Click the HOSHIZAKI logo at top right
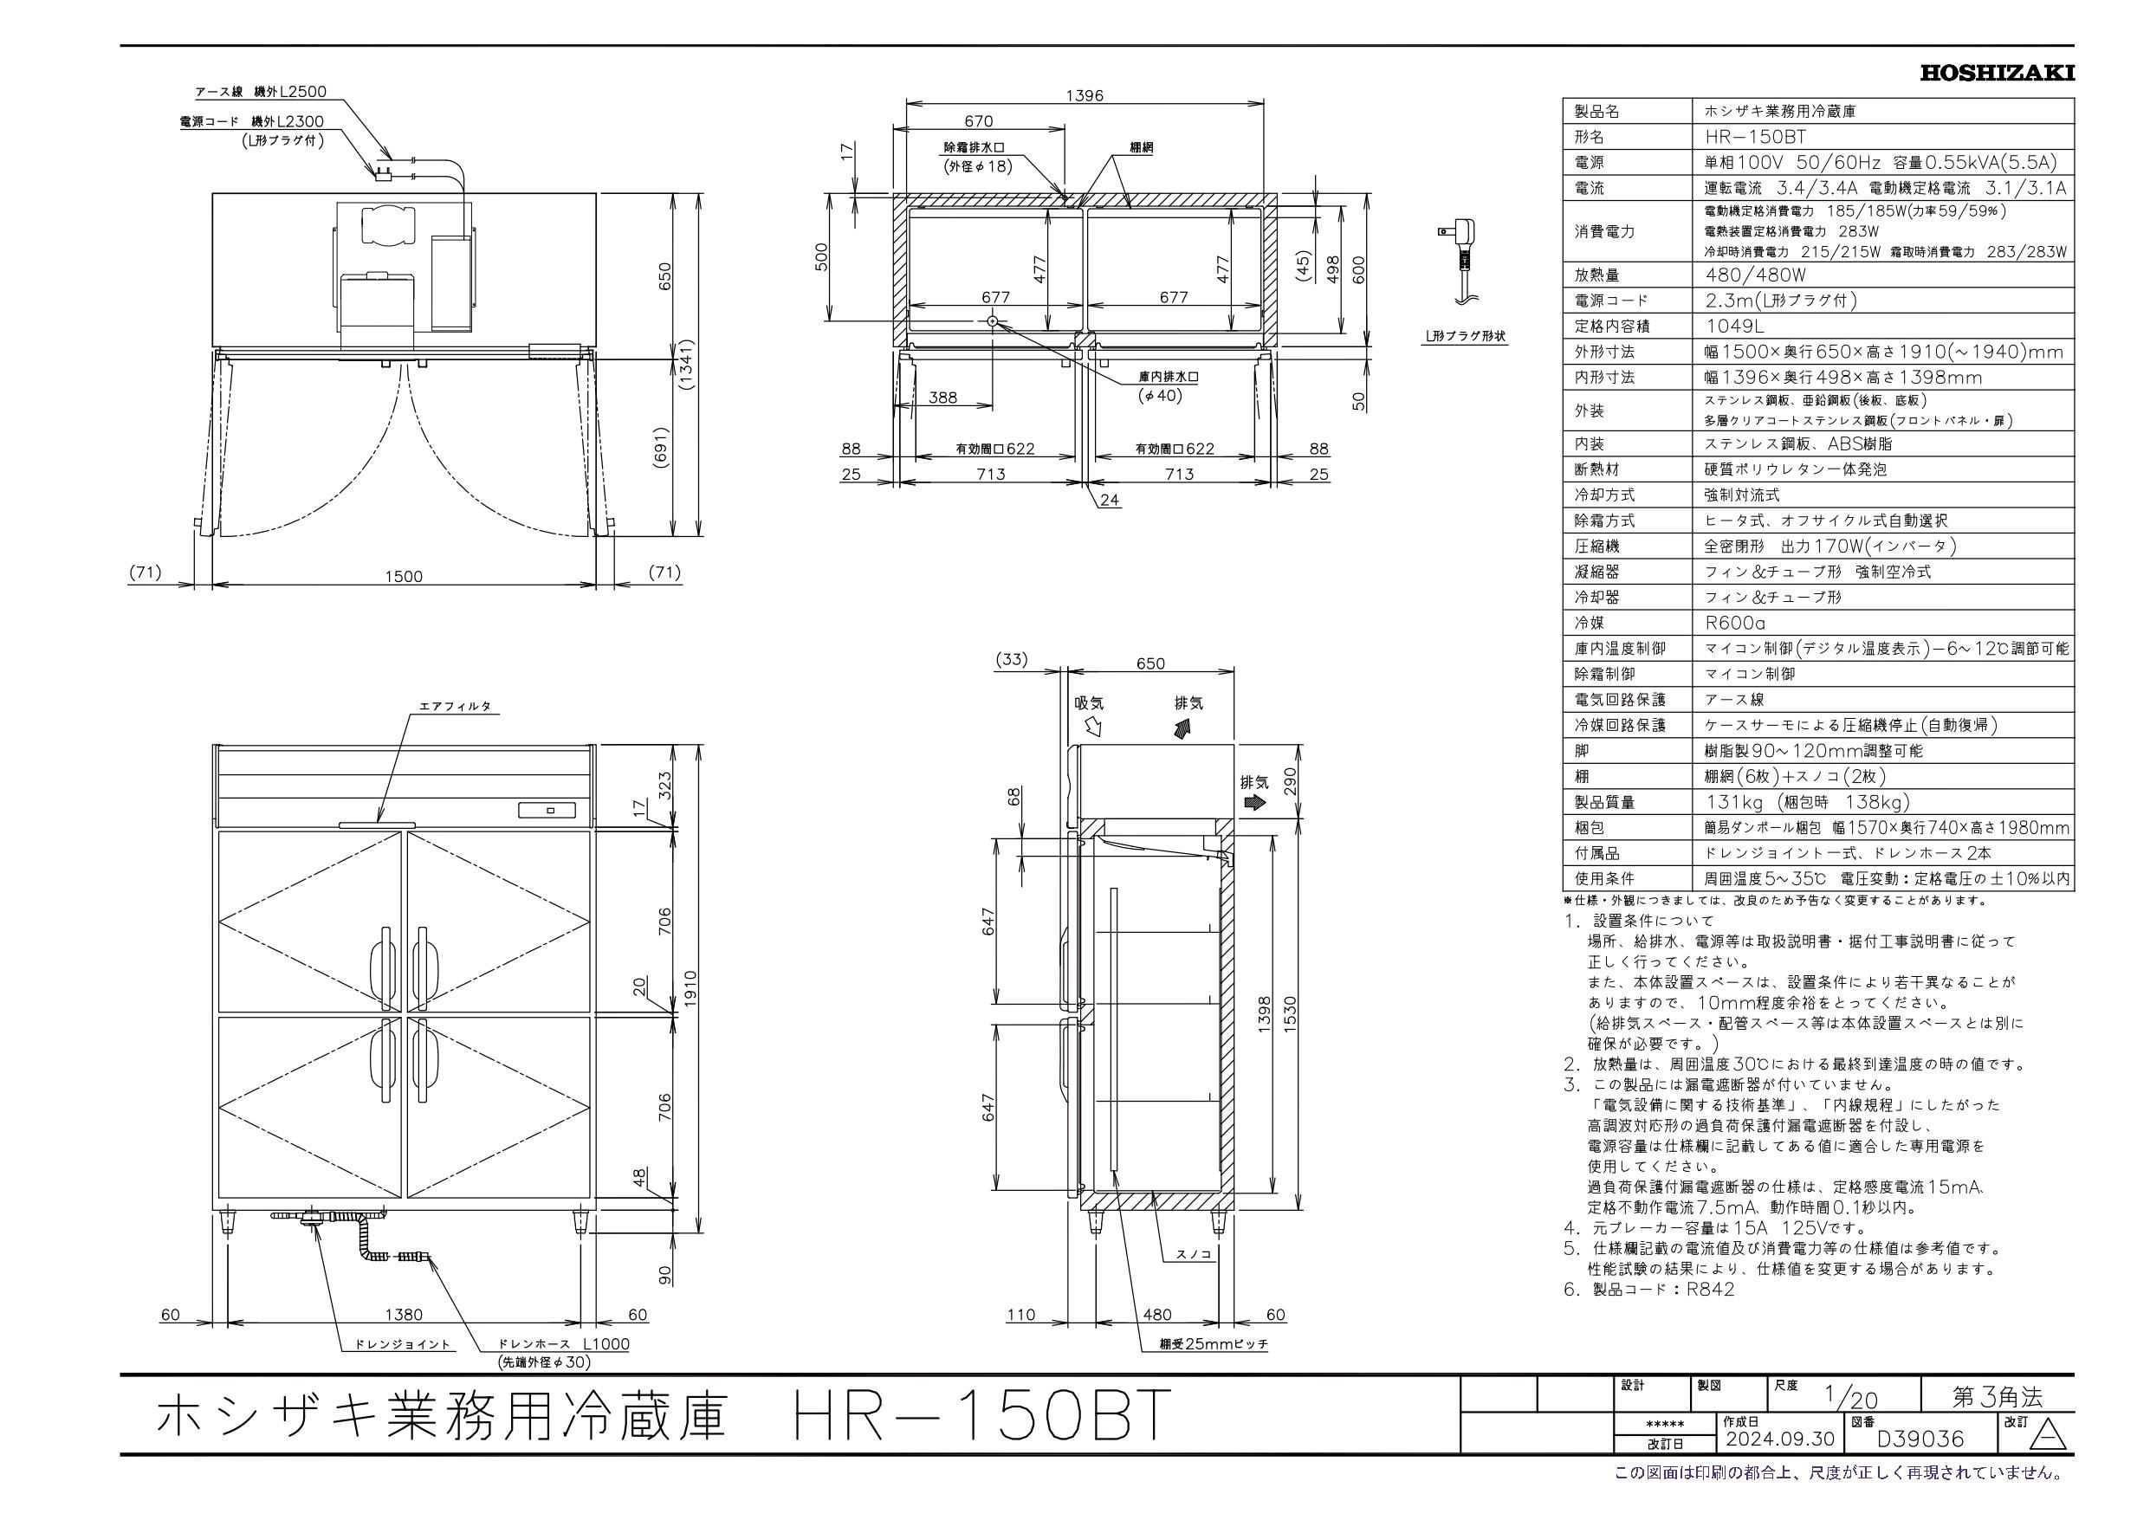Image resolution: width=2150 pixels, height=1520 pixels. (x=1997, y=73)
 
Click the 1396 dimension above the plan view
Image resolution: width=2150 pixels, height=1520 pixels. (x=1085, y=95)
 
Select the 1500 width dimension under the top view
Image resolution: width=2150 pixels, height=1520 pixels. (x=404, y=576)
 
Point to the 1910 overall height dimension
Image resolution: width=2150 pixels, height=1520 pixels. (x=692, y=986)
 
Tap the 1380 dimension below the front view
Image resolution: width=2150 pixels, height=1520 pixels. (x=404, y=1314)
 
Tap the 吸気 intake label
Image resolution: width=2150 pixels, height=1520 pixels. (x=1089, y=702)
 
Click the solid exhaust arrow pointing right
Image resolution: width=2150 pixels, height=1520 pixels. (x=1253, y=803)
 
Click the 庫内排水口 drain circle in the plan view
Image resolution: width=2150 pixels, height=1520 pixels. (x=993, y=321)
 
